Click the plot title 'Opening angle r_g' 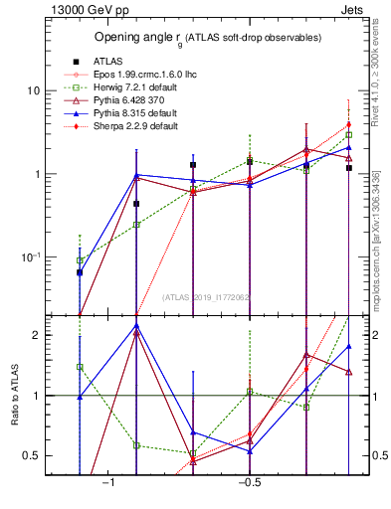tap(207, 38)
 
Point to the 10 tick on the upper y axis tap(32, 91)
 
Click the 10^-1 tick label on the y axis tap(29, 257)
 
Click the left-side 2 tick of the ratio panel tap(36, 336)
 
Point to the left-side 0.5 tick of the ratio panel tap(32, 456)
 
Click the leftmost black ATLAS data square tap(80, 272)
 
